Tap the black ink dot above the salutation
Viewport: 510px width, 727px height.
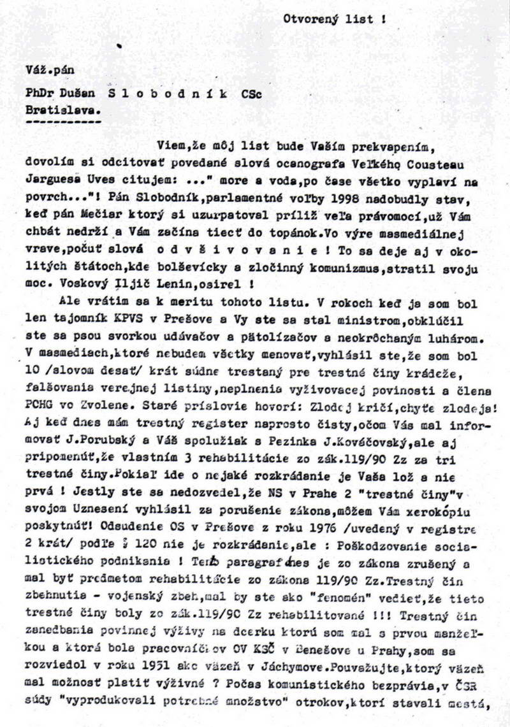[x=119, y=46]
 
